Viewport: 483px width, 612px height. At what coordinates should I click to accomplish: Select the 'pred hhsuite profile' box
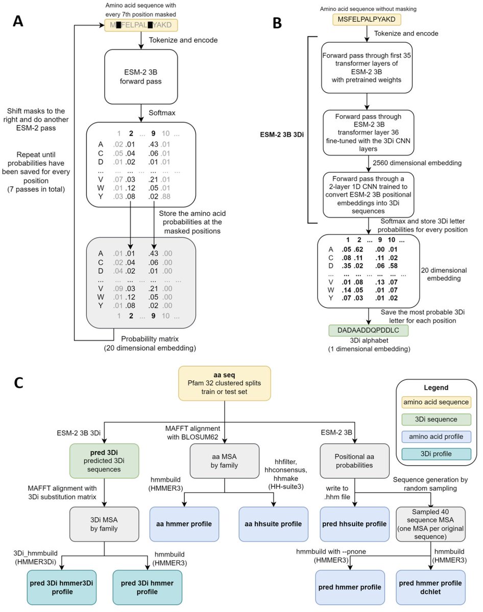(352, 524)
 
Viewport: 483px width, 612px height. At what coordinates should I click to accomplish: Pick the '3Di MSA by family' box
(105, 524)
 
